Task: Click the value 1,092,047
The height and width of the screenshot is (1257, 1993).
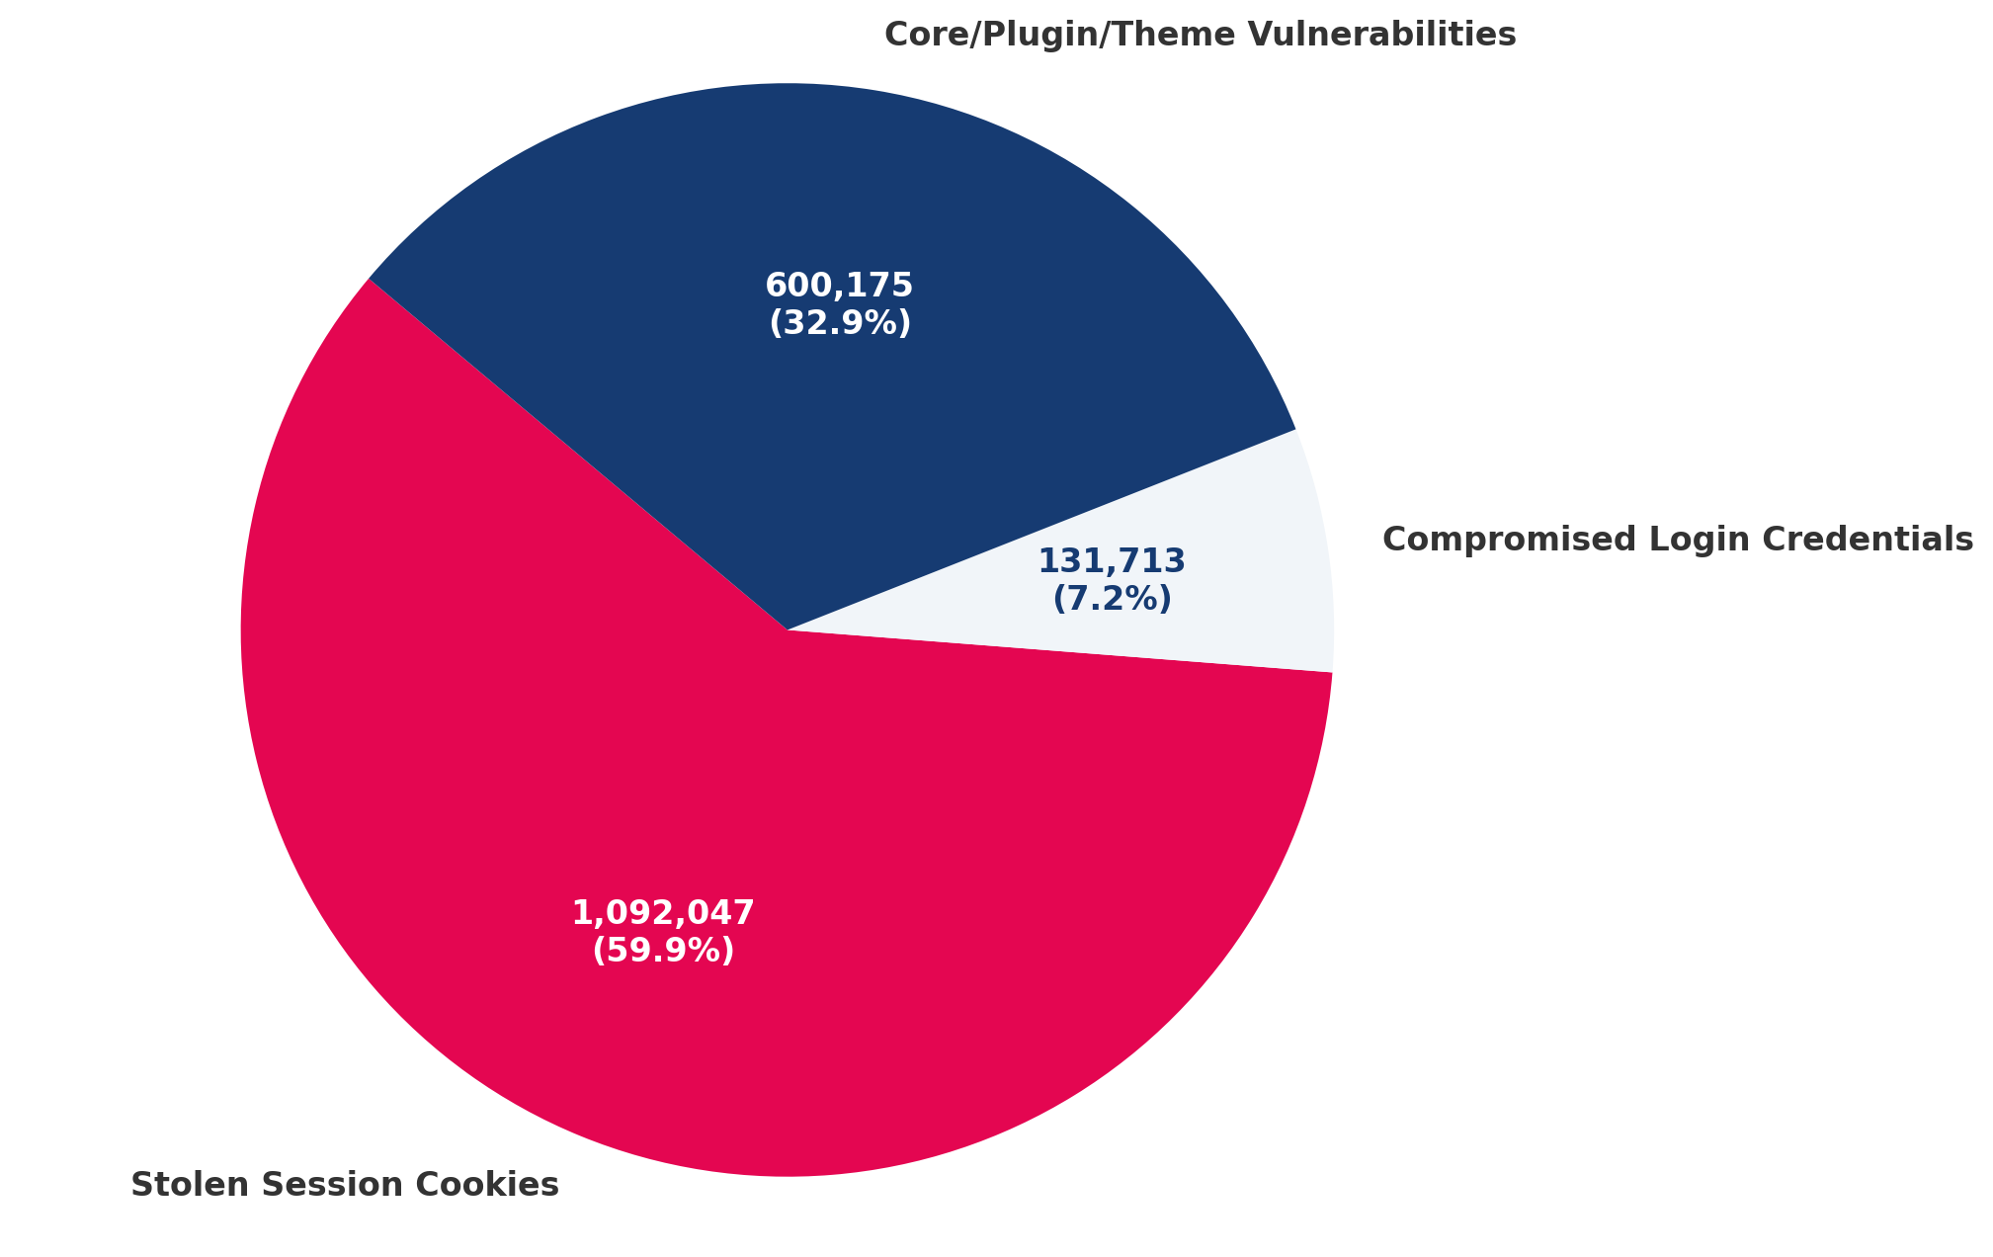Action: [663, 913]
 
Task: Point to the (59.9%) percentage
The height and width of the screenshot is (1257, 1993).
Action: [663, 951]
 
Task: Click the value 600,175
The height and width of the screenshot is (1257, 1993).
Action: [839, 286]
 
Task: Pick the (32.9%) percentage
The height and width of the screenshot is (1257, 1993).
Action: [839, 323]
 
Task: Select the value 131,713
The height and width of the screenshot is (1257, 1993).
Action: [1111, 561]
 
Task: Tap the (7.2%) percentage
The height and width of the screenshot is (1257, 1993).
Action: [1112, 599]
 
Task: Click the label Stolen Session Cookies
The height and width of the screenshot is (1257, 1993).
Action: [345, 1185]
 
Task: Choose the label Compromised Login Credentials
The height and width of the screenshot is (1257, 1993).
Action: [1678, 540]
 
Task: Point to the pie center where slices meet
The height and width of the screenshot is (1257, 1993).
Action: [788, 629]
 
